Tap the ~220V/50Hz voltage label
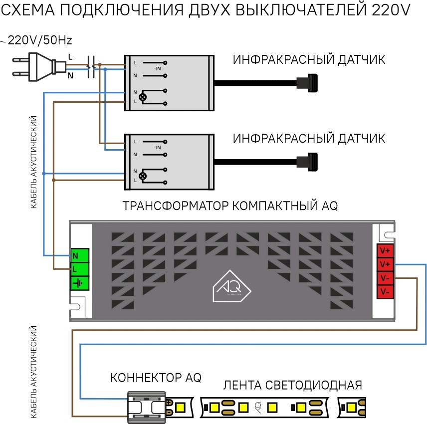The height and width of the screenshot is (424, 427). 40,41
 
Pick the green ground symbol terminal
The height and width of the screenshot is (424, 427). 77,283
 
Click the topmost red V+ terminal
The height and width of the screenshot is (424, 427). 385,250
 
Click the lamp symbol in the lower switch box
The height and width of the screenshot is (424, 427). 143,176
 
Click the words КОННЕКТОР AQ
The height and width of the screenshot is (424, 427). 156,378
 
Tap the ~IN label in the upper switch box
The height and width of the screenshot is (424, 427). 157,68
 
